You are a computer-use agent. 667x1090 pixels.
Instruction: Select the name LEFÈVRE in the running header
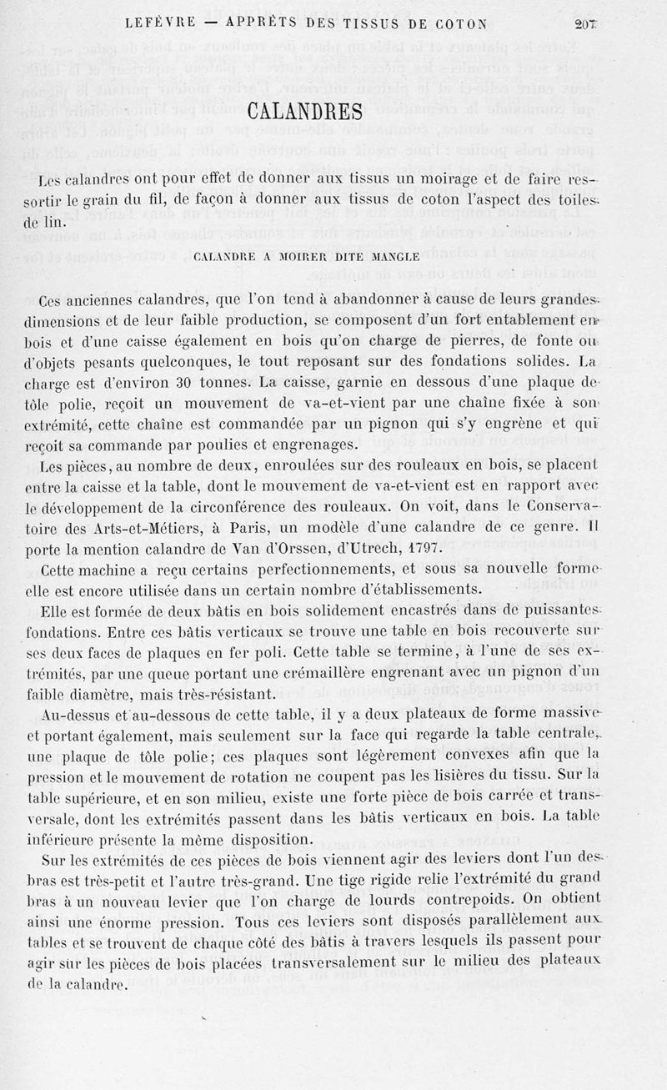(x=161, y=23)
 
